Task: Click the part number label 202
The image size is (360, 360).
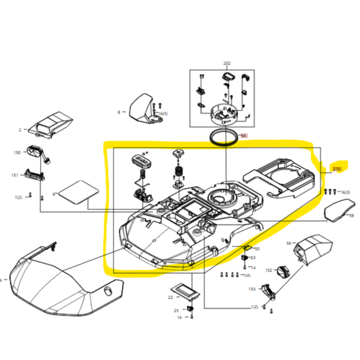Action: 226,63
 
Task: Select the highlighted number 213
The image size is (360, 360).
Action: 336,169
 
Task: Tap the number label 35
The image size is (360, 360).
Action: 257,249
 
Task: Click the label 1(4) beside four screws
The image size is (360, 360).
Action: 247,274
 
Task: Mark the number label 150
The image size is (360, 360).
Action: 17,153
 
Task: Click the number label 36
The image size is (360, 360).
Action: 289,243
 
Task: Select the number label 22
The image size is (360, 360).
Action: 171,297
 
